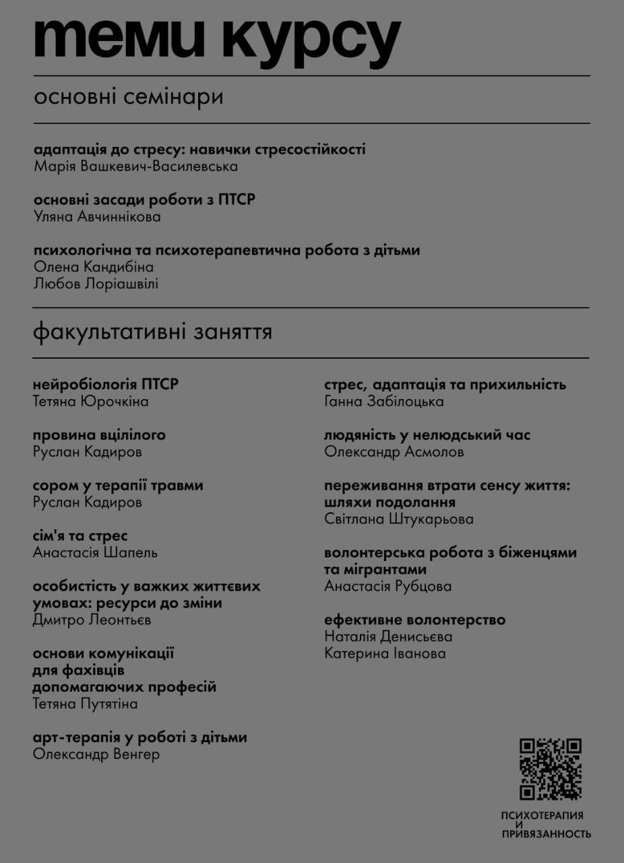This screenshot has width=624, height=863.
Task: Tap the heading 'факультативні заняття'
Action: [152, 332]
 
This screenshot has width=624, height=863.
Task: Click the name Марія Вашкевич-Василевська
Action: [135, 166]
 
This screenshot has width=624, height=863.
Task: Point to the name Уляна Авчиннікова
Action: [97, 216]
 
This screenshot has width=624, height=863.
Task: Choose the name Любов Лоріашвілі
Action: [96, 283]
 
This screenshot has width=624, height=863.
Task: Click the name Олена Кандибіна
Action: [93, 267]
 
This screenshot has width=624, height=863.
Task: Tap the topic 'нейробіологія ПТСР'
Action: [106, 385]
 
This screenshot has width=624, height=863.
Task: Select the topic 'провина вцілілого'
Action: [99, 435]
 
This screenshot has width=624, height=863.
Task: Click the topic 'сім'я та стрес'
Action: [80, 536]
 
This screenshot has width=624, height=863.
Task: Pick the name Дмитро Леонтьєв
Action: [92, 620]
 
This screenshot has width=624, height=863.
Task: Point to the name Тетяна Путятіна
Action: [85, 704]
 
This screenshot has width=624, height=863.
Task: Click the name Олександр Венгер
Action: [96, 754]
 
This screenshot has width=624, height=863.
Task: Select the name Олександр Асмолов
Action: [394, 452]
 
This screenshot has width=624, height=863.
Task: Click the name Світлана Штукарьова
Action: [398, 519]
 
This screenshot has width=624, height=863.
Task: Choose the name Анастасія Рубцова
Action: [387, 586]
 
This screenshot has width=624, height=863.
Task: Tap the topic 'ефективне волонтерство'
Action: [414, 620]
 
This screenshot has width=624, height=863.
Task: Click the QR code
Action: [550, 769]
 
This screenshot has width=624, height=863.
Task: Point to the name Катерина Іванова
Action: [384, 653]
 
